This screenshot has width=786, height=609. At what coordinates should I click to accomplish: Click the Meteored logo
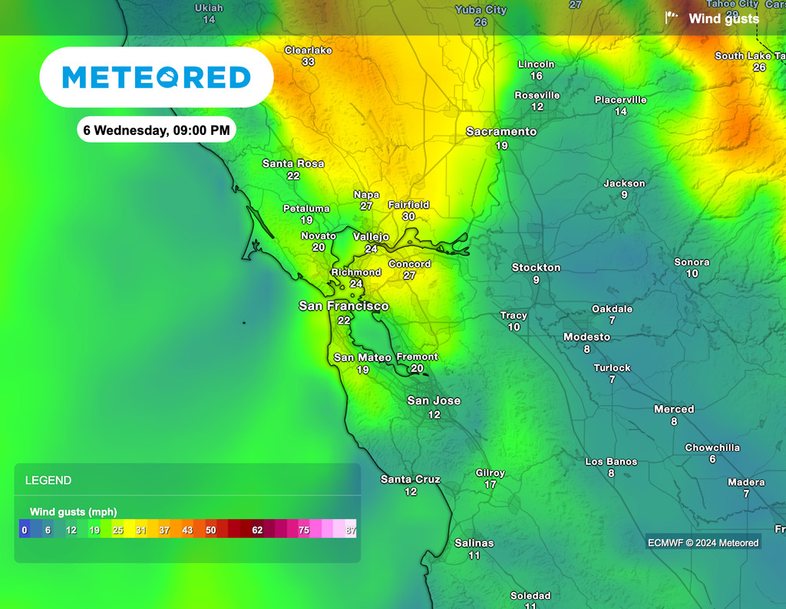[156, 77]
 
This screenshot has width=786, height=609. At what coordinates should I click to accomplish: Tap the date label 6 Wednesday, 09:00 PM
[156, 130]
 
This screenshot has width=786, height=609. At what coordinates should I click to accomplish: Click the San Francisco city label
[343, 306]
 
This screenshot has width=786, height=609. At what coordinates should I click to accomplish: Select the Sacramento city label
[501, 132]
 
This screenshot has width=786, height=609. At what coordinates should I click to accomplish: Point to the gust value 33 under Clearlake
[308, 62]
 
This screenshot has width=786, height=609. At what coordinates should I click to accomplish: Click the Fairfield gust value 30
[408, 217]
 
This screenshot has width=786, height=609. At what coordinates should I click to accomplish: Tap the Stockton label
[536, 268]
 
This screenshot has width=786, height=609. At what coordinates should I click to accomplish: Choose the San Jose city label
[434, 400]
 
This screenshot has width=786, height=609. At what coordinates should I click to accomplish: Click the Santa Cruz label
[411, 479]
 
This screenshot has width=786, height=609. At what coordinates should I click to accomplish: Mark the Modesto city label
[586, 337]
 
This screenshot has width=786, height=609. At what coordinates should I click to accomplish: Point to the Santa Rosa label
[293, 163]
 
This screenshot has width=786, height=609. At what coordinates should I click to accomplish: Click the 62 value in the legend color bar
[257, 530]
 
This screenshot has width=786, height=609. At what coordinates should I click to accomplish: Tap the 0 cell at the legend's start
[25, 530]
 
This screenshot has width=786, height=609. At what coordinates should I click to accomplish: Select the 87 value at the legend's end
[350, 530]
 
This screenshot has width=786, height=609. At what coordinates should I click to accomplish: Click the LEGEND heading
[48, 481]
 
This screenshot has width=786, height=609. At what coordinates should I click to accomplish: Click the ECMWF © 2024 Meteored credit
[703, 543]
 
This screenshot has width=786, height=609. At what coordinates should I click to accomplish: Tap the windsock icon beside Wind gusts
[672, 18]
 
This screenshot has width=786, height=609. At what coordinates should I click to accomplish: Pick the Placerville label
[620, 100]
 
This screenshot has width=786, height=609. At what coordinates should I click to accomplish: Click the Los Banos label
[611, 462]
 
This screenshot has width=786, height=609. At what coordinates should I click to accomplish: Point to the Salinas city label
[474, 543]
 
